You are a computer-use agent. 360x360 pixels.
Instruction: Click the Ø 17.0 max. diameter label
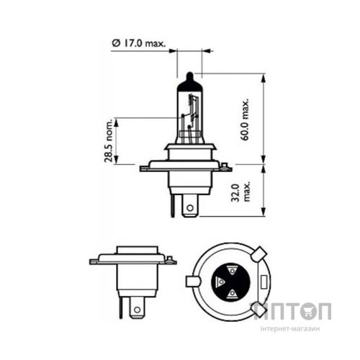139,43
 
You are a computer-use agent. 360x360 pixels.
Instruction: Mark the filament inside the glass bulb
192,120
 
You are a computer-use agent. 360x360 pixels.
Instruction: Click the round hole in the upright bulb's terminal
189,210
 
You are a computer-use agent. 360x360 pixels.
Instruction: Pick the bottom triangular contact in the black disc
232,294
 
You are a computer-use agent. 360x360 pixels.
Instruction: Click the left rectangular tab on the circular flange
192,281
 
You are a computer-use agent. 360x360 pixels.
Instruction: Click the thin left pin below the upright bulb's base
174,204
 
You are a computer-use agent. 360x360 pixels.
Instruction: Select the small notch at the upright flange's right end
228,168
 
